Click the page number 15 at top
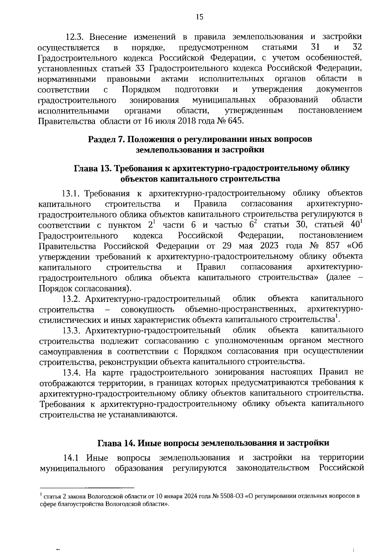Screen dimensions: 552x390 200,17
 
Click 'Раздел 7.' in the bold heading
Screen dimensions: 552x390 106,140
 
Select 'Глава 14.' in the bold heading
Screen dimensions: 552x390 117,443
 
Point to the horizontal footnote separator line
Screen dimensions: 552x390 87,488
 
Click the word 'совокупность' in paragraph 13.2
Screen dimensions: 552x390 147,309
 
